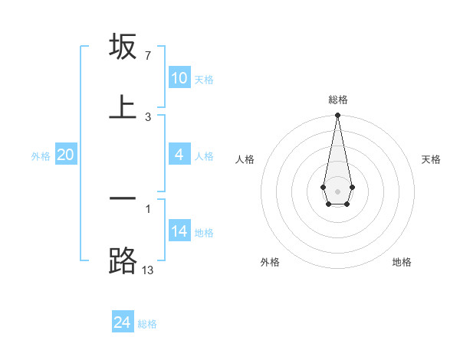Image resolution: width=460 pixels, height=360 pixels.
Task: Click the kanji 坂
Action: pos(123,47)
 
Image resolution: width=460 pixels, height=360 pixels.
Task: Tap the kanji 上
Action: pos(123,106)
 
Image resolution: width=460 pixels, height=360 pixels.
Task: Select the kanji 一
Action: pos(123,198)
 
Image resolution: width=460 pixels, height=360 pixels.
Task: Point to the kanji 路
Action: pos(123,260)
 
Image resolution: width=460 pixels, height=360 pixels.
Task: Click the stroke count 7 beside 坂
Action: pos(147,56)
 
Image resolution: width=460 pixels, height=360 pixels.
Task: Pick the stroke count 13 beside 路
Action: pos(147,269)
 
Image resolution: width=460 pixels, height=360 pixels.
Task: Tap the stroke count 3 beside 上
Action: pos(147,116)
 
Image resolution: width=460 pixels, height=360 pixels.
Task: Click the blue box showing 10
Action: pos(179,78)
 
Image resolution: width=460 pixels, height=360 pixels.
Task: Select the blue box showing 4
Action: pos(179,155)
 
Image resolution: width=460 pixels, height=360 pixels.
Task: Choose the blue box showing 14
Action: pos(179,231)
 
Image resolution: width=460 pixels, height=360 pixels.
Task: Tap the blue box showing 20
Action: pos(65,155)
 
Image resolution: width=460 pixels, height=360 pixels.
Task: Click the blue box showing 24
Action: pos(123,322)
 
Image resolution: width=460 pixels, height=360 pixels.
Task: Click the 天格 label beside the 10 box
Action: pos(204,79)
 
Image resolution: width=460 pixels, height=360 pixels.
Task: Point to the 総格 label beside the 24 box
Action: pos(147,324)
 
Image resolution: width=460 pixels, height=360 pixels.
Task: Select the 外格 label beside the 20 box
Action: pos(41,156)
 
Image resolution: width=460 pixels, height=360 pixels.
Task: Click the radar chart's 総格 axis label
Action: pos(337,100)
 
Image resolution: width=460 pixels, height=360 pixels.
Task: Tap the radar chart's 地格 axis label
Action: pos(402,262)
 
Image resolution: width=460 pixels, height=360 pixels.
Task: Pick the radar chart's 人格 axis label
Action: pos(245,159)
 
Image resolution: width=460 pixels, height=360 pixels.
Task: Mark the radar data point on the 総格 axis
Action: pos(337,116)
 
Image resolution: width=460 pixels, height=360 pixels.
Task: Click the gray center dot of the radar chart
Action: pos(337,191)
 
